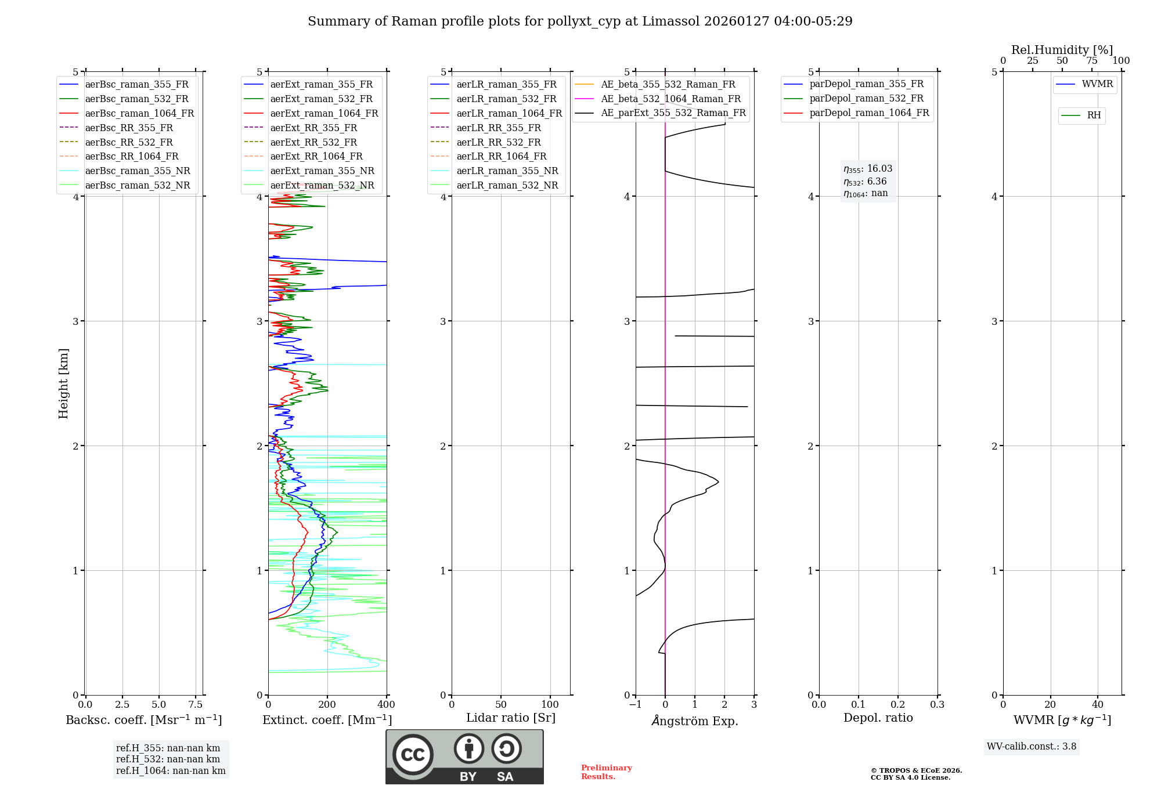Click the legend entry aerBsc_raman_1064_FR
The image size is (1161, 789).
[x=139, y=113]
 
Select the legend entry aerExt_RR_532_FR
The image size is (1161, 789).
[x=313, y=142]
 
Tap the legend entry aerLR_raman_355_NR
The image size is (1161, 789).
[x=507, y=171]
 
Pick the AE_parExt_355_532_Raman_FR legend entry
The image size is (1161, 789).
[x=673, y=113]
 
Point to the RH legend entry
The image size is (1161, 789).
[x=1094, y=115]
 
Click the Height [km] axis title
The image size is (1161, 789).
[x=63, y=383]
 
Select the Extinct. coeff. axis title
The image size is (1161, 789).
[x=327, y=720]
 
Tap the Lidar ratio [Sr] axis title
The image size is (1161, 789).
[x=511, y=718]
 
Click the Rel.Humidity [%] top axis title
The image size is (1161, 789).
[x=1062, y=50]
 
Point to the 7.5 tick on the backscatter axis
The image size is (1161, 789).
[x=196, y=705]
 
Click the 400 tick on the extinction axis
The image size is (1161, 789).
[x=387, y=705]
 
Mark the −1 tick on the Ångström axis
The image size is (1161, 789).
[x=636, y=705]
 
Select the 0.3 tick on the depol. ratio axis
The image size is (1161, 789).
[x=937, y=705]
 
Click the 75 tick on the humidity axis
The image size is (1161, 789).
[x=1092, y=61]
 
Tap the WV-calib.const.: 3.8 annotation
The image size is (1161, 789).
[x=1032, y=747]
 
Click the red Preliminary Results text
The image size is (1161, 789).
[x=606, y=772]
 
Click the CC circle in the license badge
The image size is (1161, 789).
[x=413, y=755]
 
